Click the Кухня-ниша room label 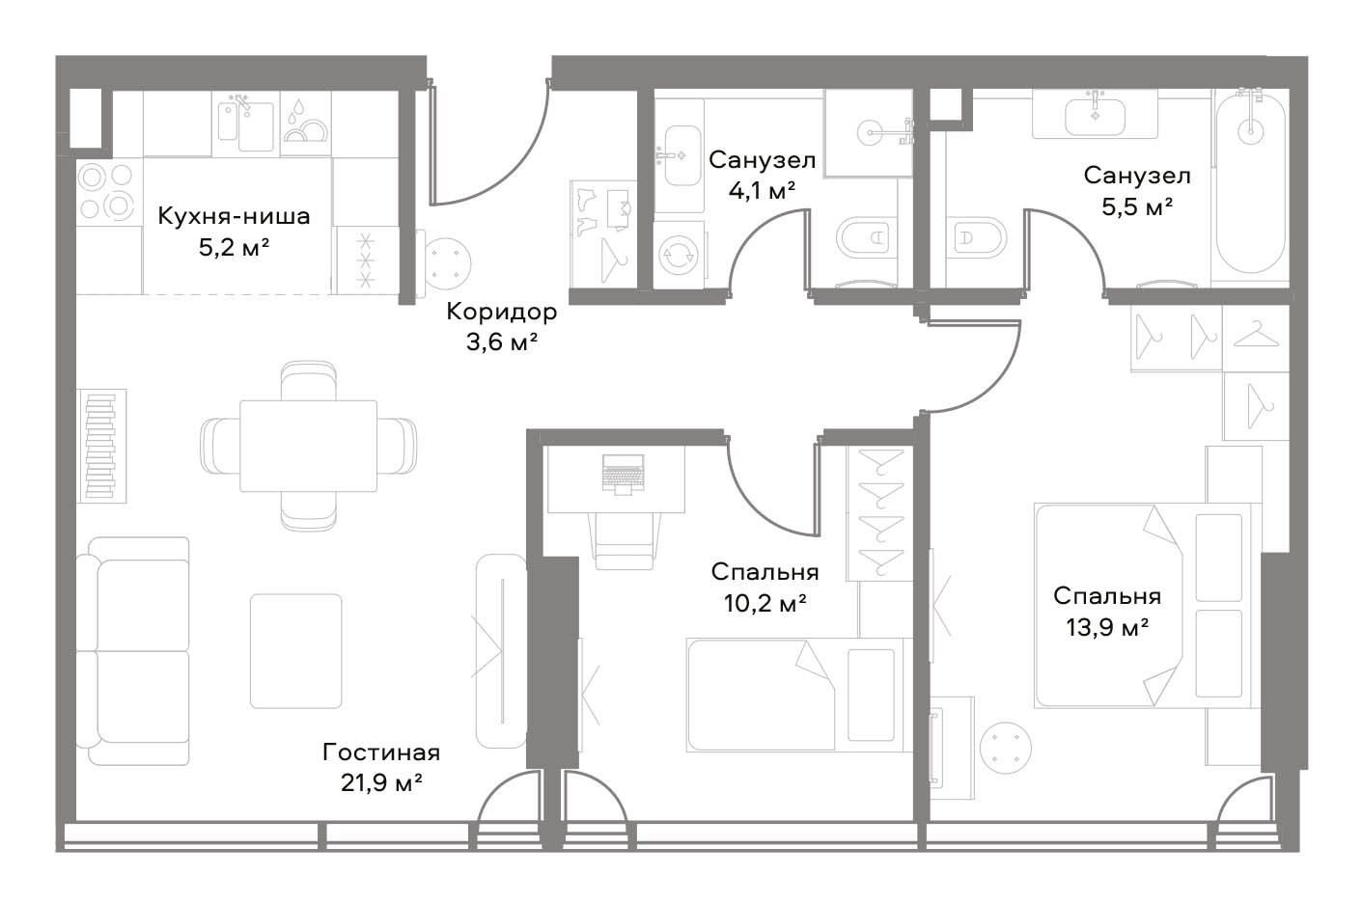234,216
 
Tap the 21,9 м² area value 381,782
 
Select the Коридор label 501,312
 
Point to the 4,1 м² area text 762,192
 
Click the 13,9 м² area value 1107,627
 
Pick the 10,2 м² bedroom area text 765,603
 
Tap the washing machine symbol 678,255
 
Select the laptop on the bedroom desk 623,474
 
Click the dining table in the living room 309,446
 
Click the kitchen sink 246,124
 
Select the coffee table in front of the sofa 295,651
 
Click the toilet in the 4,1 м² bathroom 866,238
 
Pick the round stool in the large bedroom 1007,748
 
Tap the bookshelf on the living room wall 101,446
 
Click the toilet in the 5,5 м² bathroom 975,238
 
